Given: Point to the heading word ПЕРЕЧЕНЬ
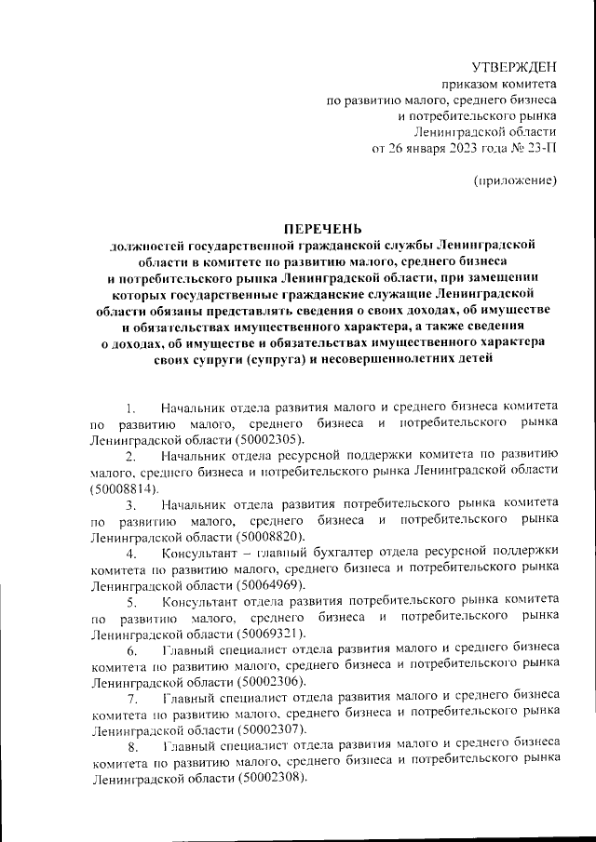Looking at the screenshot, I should (x=323, y=228).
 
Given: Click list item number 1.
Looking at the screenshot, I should (x=131, y=407).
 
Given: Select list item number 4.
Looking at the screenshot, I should (x=131, y=554).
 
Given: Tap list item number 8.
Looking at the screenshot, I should (x=132, y=747).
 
